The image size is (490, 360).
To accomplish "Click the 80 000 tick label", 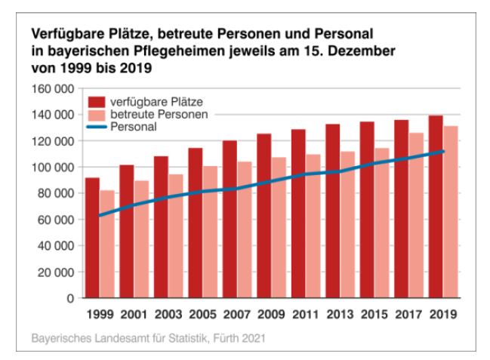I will pos(55,193).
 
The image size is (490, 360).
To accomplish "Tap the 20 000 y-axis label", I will pos(55,272).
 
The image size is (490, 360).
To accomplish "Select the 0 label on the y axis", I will pos(69,298).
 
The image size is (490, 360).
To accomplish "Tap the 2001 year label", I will pos(134,313).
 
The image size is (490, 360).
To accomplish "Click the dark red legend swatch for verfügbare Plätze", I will pos(96,100).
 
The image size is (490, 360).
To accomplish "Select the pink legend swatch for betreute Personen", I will pos(96,114).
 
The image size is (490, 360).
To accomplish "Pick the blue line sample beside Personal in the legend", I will pos(96,128).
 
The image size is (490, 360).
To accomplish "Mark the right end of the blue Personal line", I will pos(444,151).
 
